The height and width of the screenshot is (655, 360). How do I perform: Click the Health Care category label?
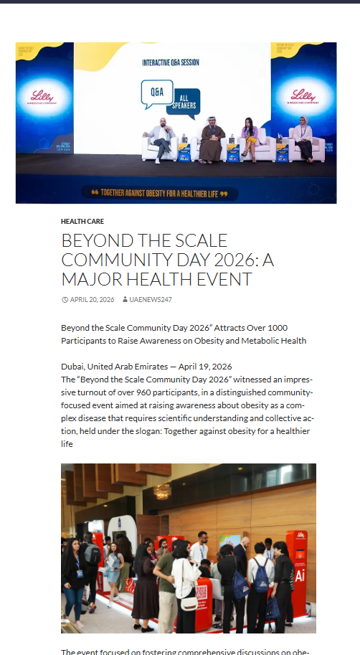tap(82, 222)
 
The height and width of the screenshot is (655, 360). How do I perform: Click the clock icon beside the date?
tap(65, 300)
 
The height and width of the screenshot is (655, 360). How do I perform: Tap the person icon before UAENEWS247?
tap(125, 300)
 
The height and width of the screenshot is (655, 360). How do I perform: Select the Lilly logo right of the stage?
tap(305, 97)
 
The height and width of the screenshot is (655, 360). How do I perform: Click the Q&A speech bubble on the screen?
tap(156, 93)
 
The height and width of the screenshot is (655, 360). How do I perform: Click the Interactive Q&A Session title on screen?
tap(171, 63)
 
